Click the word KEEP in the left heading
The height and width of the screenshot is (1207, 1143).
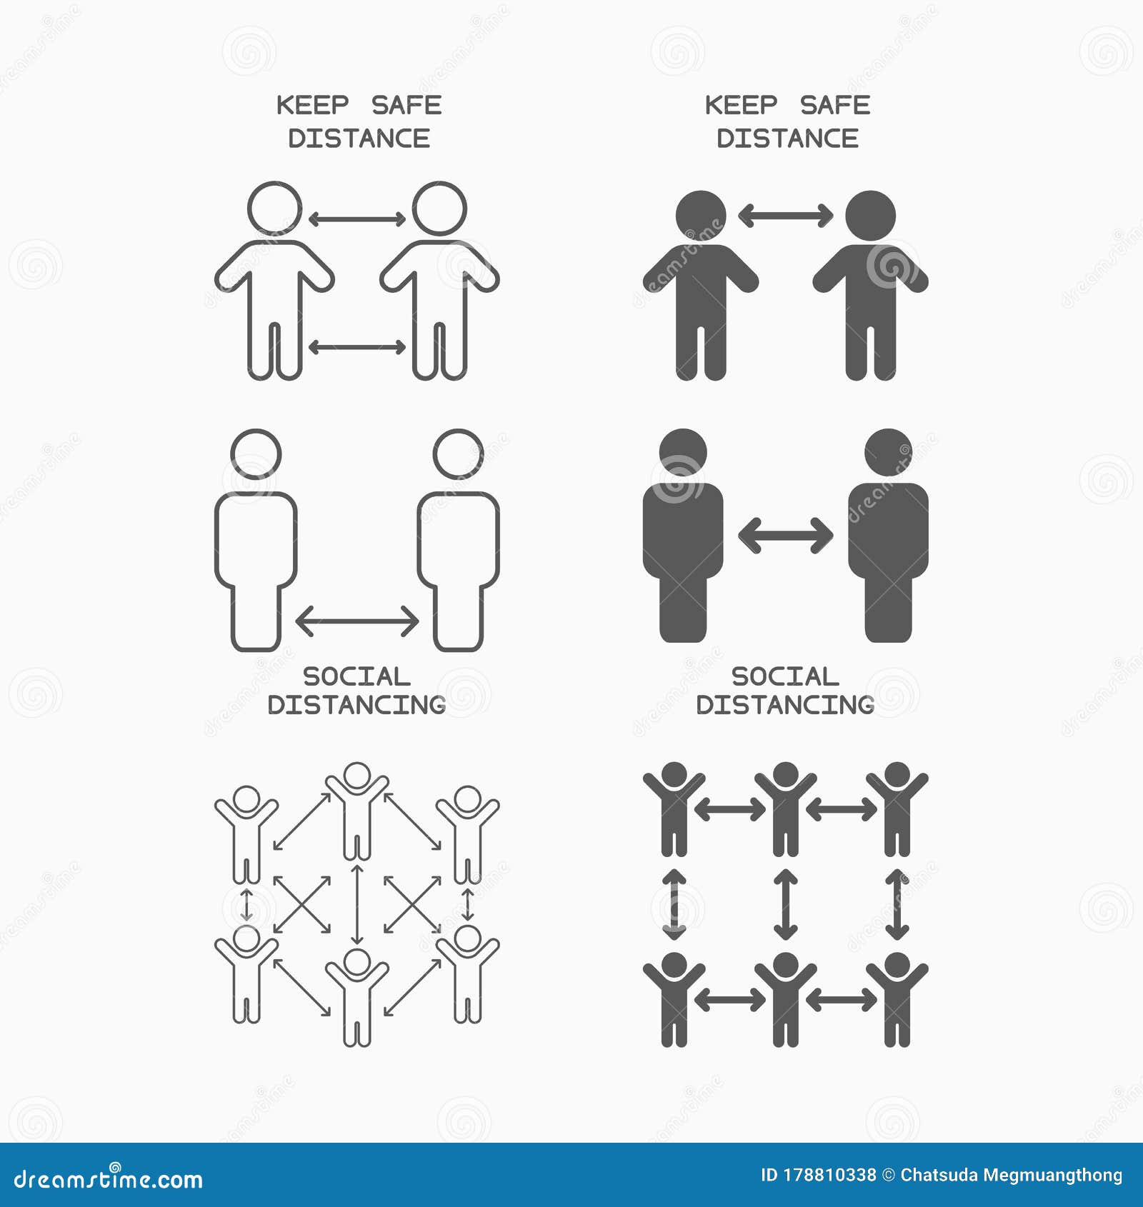(312, 106)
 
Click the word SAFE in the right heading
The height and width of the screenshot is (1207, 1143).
(834, 106)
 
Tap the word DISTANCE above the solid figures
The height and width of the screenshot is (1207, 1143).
(787, 139)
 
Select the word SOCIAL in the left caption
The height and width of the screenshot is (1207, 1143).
(356, 676)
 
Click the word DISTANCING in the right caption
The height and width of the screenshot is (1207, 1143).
(785, 705)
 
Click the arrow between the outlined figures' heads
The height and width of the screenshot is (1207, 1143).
(356, 219)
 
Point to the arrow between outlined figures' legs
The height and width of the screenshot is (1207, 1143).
(356, 347)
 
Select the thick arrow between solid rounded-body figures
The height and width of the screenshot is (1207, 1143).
(785, 535)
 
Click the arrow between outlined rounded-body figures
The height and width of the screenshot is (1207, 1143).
(356, 621)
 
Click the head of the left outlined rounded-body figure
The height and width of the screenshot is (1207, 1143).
(256, 454)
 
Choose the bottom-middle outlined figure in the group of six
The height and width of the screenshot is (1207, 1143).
(356, 996)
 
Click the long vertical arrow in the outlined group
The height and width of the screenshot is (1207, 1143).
(356, 903)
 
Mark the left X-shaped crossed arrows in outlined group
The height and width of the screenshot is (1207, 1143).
(302, 904)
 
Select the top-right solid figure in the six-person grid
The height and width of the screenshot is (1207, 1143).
(897, 808)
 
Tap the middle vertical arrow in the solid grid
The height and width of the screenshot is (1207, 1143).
(785, 903)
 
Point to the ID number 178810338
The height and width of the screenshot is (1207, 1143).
(829, 1175)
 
